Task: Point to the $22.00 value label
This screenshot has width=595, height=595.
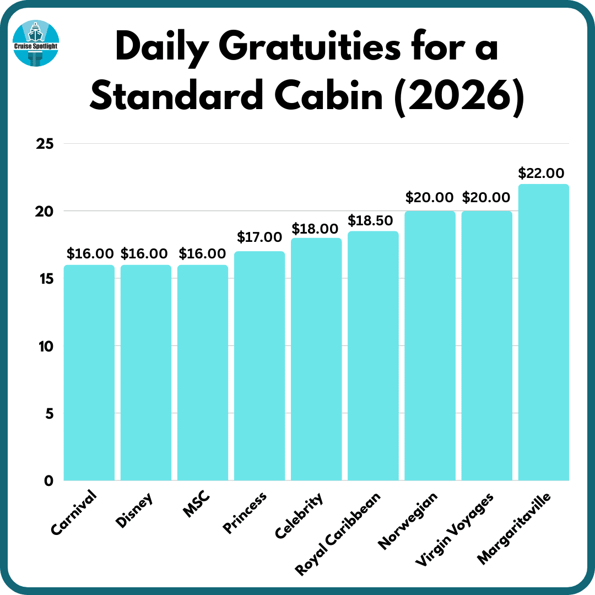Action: pyautogui.click(x=541, y=173)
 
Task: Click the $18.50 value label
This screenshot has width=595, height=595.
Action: pyautogui.click(x=370, y=220)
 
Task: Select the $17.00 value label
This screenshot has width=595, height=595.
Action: pyautogui.click(x=259, y=237)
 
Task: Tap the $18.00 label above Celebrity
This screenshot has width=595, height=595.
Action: pyautogui.click(x=315, y=228)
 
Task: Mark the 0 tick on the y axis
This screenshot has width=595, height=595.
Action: pyautogui.click(x=48, y=481)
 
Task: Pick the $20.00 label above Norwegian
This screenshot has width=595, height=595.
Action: pyautogui.click(x=429, y=197)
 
